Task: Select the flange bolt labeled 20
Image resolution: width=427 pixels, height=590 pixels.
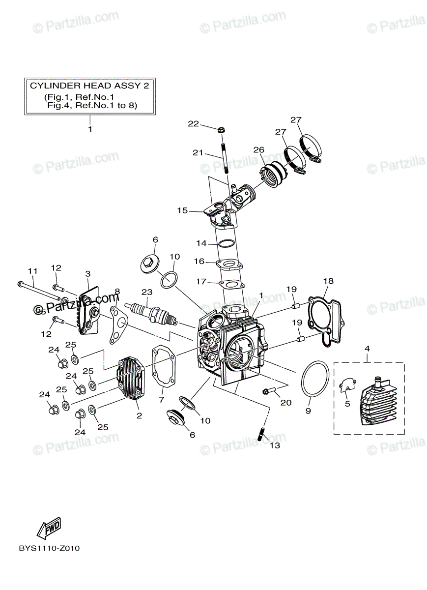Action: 268,391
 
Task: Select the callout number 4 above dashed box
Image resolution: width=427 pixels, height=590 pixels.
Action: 367,349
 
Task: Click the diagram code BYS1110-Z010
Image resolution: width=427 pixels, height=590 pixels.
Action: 49,561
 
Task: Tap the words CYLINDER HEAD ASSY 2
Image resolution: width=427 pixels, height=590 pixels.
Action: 89,85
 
